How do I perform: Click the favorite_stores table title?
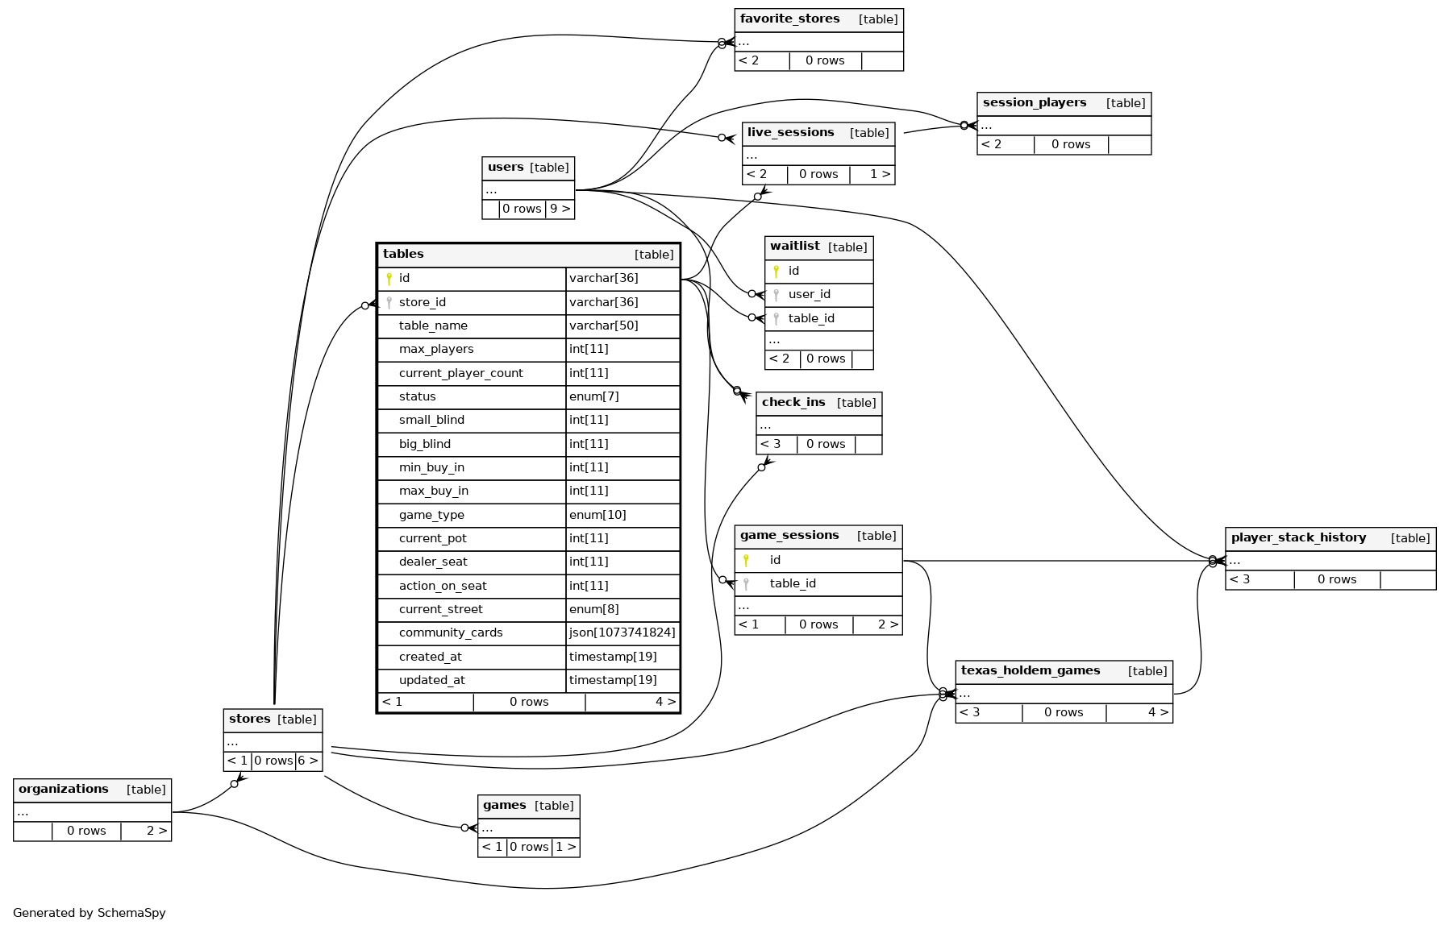tap(789, 19)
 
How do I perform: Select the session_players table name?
tap(1034, 103)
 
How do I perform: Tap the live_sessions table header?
tap(790, 133)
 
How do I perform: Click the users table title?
tap(506, 168)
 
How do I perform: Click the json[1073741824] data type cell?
tap(622, 633)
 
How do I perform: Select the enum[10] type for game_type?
tap(598, 515)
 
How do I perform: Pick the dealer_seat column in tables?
tap(432, 562)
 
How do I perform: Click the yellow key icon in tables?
tap(389, 279)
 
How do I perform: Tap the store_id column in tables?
tap(422, 303)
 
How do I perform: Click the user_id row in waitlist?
tap(809, 295)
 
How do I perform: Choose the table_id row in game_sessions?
tap(792, 584)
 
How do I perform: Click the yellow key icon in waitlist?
tap(776, 272)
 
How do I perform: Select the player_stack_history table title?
tap(1298, 538)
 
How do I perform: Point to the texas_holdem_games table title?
tap(1030, 671)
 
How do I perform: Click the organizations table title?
tap(63, 790)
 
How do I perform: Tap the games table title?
tap(504, 806)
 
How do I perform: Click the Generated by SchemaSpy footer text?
tap(89, 914)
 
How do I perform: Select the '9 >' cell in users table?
tap(560, 209)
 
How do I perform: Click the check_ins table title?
tap(793, 403)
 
